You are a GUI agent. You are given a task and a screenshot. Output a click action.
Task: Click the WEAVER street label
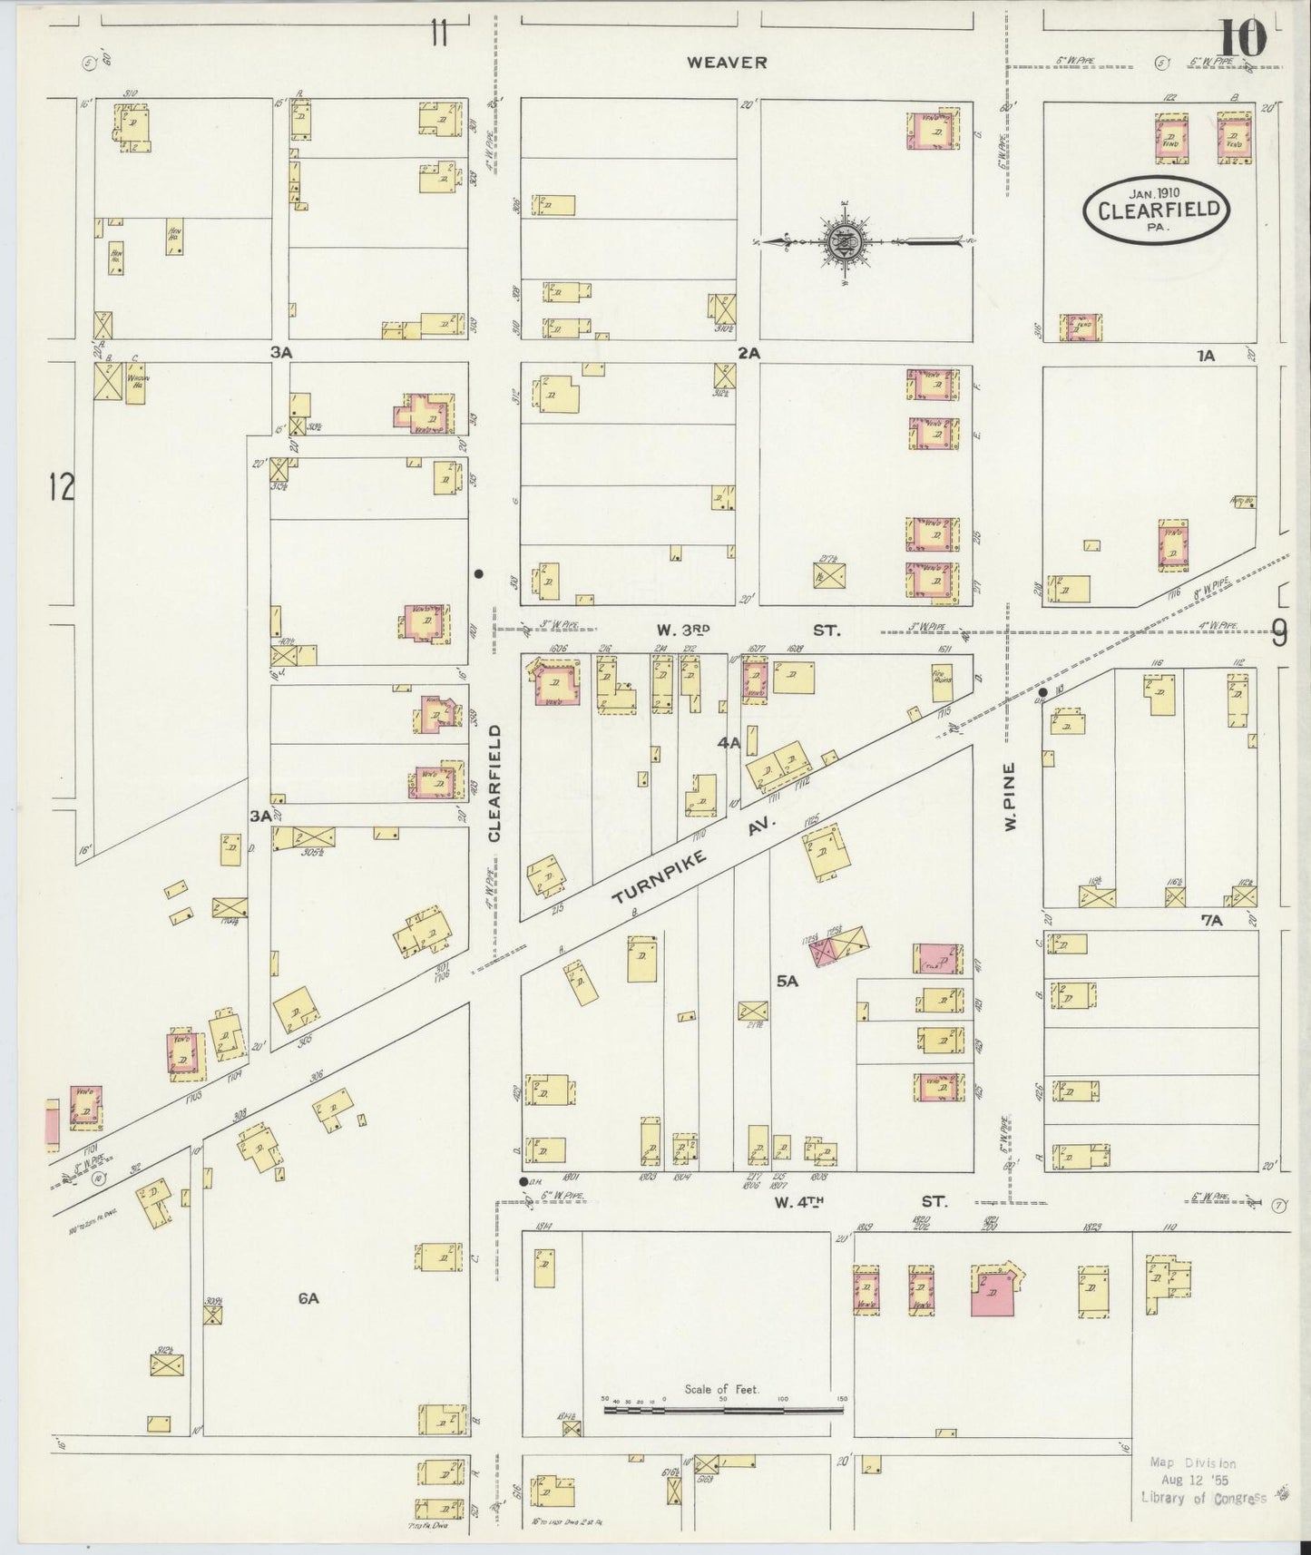coord(727,63)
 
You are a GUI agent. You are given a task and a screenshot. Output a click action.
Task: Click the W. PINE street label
coord(1009,796)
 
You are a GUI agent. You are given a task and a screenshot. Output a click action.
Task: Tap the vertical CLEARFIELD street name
coord(494,782)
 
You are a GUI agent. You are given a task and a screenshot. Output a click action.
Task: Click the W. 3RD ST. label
coord(749,628)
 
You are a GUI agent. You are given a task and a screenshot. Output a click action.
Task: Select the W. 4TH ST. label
coord(860,1201)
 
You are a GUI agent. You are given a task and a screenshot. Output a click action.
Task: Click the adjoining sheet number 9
coord(1277,631)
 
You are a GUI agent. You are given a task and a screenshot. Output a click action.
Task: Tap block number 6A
coord(308,1298)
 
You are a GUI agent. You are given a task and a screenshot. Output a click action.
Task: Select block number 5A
coord(787,981)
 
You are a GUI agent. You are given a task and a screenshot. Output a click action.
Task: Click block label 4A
coord(729,742)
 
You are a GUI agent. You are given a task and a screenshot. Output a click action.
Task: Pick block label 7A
coord(1212,920)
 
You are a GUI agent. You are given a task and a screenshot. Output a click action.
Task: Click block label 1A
coord(1205,357)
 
